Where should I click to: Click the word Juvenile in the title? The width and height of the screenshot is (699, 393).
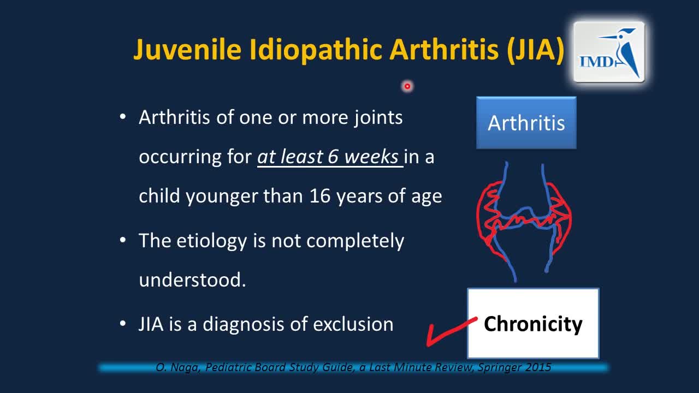pos(187,50)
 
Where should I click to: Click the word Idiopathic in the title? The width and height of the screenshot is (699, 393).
pos(316,50)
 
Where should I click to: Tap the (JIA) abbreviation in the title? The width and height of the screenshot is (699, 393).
pos(536,50)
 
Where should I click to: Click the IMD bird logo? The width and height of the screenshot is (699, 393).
pos(609,52)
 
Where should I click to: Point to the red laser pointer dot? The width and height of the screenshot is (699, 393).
pos(407,86)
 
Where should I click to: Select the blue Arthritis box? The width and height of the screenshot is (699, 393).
pos(526,123)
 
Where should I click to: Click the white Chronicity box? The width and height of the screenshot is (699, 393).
pos(533,324)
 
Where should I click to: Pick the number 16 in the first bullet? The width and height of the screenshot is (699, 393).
pos(320,196)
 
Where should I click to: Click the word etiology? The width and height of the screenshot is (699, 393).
pos(211,241)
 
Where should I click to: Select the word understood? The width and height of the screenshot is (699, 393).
pos(192,279)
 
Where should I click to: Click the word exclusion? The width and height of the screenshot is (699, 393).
pos(353,324)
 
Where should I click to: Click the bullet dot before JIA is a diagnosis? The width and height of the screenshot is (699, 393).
pos(123,324)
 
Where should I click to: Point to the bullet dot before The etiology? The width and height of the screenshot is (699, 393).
pos(123,241)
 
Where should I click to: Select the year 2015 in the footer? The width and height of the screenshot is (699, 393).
pos(538,367)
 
